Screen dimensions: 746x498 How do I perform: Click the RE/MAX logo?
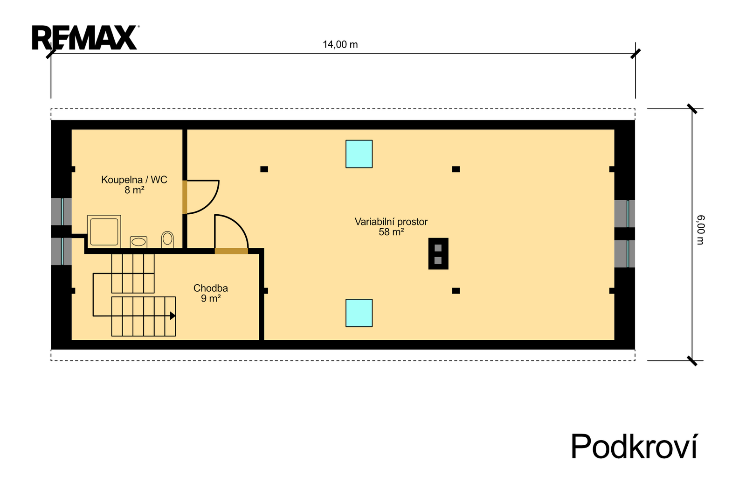(85, 37)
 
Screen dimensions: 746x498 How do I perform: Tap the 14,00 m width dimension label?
(340, 45)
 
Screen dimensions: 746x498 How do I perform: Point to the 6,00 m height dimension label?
(700, 230)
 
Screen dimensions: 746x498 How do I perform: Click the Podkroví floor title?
(634, 446)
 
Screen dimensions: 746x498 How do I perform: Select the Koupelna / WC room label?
(134, 180)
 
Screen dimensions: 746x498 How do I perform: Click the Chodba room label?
(210, 288)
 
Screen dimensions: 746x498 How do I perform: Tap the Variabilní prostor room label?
(391, 222)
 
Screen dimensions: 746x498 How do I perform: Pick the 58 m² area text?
(391, 232)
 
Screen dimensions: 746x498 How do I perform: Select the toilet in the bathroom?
(167, 239)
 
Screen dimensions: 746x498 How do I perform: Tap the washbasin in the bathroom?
(138, 242)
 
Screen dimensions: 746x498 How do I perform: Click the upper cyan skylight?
(359, 154)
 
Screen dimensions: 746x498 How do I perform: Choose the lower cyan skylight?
(359, 313)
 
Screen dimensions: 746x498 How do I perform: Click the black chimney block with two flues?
(438, 253)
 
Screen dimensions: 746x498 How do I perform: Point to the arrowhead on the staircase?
(173, 316)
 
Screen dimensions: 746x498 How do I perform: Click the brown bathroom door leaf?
(185, 197)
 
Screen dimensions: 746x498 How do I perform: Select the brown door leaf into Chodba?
(231, 251)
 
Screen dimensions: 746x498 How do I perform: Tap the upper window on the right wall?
(624, 214)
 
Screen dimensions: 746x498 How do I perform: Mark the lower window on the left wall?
(61, 251)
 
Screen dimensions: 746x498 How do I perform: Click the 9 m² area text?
(210, 298)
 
